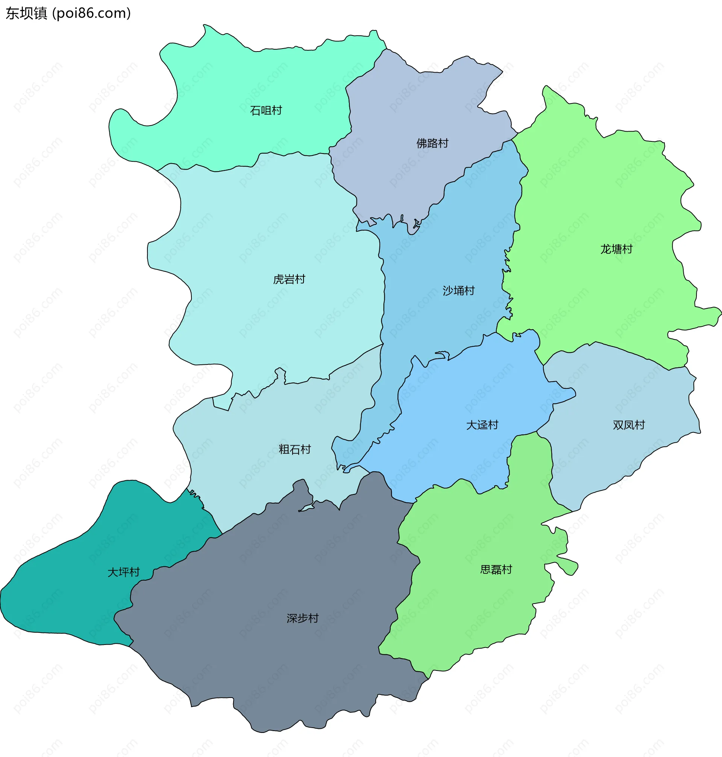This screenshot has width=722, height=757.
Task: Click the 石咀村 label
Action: coord(265,111)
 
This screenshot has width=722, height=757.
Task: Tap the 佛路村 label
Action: coord(432,144)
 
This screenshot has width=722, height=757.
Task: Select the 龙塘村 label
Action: coord(616,249)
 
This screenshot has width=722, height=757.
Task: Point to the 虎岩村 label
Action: coord(289,279)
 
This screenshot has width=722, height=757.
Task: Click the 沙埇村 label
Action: coord(458,291)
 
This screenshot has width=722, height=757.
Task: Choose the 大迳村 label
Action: coord(482,425)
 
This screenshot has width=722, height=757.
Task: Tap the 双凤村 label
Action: coord(628,425)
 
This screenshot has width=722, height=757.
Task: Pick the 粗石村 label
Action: coord(294,449)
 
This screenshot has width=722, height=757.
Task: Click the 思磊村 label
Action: coord(496,570)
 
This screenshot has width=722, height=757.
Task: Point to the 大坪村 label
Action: coord(123,572)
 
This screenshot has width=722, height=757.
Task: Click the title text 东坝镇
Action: coord(26,14)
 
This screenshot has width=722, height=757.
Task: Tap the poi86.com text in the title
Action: coord(92,14)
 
